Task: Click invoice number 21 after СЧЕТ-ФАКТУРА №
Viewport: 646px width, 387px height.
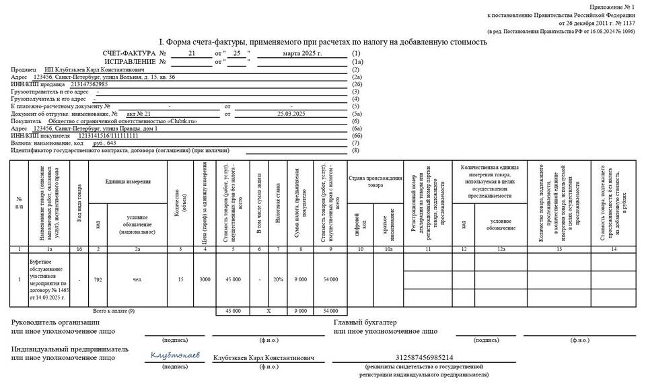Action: click(x=192, y=52)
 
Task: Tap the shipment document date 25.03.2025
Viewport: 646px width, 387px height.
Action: click(x=290, y=113)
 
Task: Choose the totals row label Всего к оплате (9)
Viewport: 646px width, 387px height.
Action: click(x=113, y=311)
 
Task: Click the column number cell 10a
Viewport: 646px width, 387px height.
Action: click(x=388, y=249)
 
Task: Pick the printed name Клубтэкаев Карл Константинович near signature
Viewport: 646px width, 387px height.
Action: click(x=263, y=357)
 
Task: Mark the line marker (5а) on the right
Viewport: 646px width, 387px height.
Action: click(x=357, y=113)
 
